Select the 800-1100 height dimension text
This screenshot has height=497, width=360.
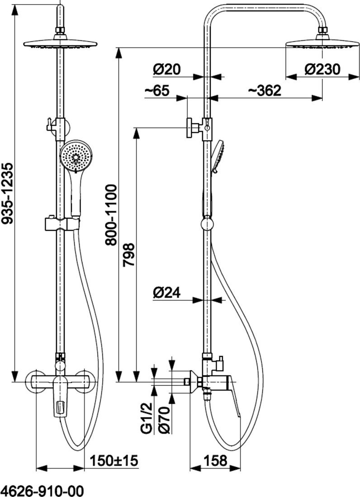click(x=111, y=215)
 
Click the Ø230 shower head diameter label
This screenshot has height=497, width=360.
click(x=322, y=69)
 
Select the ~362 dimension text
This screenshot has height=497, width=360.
click(x=265, y=90)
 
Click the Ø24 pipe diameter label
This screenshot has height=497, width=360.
click(x=166, y=293)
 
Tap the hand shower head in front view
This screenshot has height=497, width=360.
click(x=76, y=156)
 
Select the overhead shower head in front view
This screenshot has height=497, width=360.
click(x=60, y=44)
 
